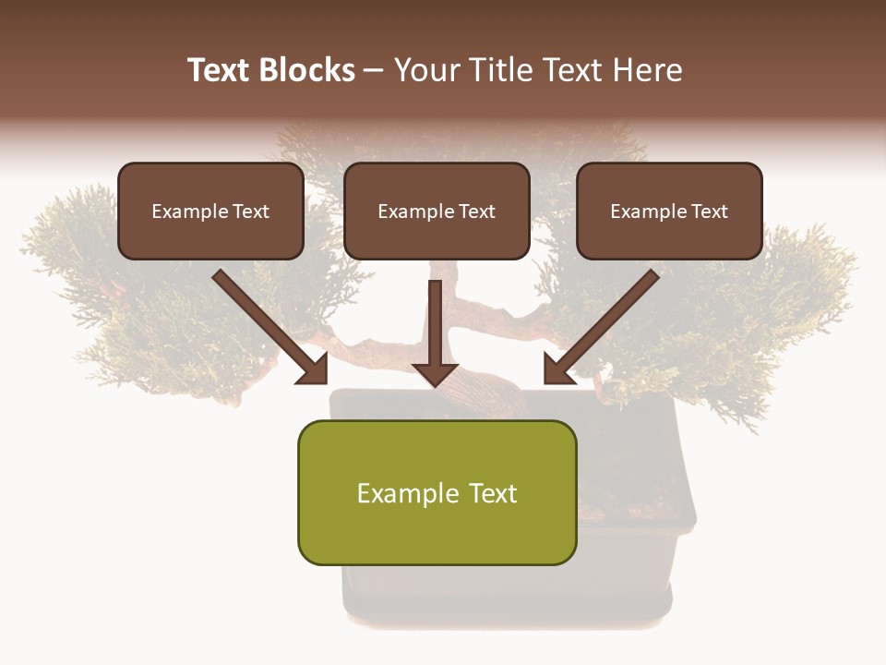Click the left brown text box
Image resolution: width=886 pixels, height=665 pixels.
(210, 211)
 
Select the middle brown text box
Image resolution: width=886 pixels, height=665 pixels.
(437, 211)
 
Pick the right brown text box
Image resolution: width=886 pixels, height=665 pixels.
(669, 211)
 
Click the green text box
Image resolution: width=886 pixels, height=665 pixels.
(437, 492)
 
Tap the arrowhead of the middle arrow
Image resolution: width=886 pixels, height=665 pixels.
(435, 373)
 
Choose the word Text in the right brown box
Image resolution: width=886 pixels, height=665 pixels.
(710, 212)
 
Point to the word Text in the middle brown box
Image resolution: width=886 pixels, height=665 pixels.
(477, 212)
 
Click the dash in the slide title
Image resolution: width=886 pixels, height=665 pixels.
(374, 70)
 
